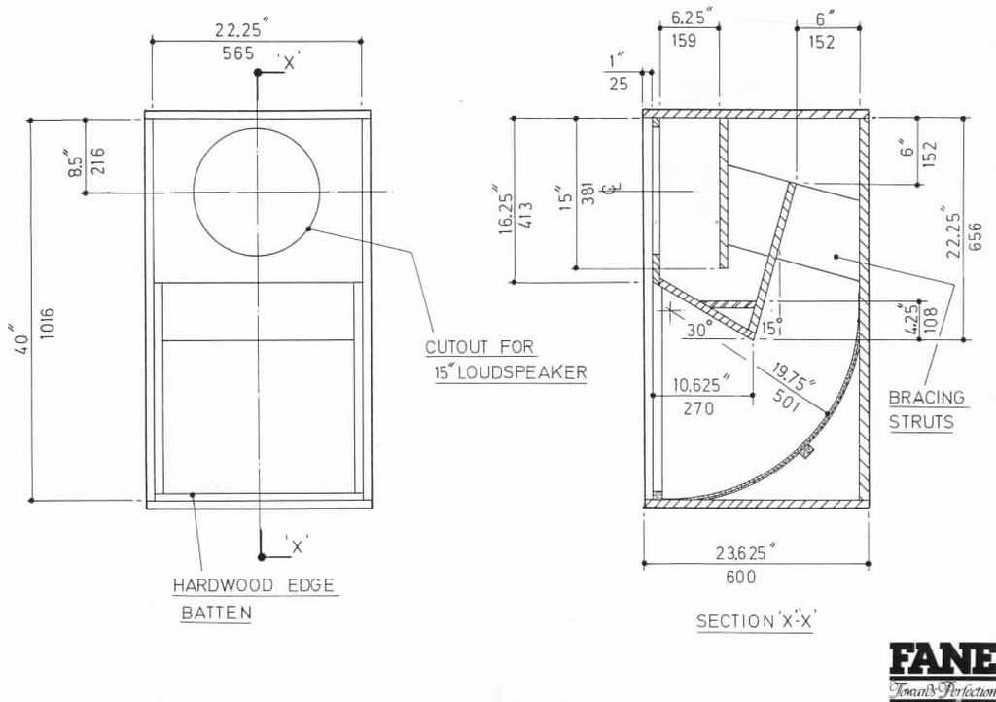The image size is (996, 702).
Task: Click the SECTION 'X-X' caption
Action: [755, 620]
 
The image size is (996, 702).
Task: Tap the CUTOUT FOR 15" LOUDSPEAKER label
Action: [506, 360]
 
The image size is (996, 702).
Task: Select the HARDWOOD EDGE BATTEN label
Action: [254, 599]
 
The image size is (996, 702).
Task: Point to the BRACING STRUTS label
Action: [926, 409]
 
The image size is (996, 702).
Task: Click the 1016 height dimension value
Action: [47, 324]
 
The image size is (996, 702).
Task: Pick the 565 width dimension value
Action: [238, 53]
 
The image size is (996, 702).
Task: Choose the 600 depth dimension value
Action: [740, 577]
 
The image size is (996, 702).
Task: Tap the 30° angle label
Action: [700, 330]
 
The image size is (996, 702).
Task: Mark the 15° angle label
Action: [771, 328]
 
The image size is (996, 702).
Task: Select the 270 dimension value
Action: [698, 408]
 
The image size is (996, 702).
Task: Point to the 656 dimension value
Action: [976, 236]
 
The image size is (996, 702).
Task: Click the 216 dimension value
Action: [99, 160]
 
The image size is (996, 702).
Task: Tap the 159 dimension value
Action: [684, 41]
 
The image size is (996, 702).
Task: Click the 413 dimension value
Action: [526, 215]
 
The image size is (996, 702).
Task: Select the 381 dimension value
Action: [588, 193]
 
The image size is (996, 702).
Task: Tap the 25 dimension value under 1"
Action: [619, 84]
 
